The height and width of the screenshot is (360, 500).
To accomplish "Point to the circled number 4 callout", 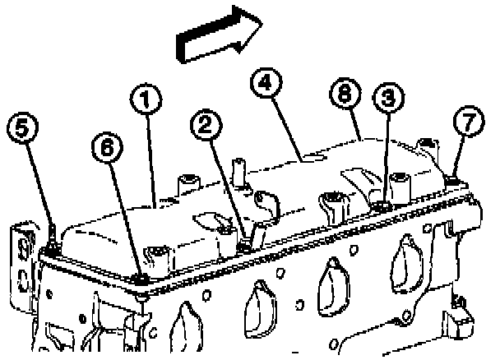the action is point(265,84).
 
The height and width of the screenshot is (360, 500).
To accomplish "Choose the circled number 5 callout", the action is point(23,128).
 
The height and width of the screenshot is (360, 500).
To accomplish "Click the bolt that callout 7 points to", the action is point(451,179).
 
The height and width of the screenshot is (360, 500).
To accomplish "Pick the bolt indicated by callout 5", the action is point(51,247).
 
